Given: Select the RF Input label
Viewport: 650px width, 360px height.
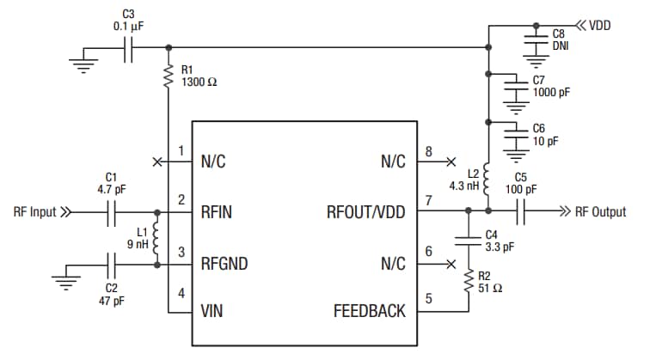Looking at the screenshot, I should [35, 211].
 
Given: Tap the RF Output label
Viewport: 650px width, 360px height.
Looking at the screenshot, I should [601, 211].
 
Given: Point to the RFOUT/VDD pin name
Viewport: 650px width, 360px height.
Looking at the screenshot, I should [365, 211].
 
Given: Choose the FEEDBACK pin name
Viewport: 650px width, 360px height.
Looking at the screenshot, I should [369, 311].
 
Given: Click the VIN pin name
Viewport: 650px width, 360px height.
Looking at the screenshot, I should [212, 311].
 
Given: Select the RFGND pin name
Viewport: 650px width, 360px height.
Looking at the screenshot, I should [224, 264].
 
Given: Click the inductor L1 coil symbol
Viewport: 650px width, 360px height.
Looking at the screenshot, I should [156, 238].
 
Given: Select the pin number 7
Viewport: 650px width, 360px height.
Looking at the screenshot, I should [427, 201].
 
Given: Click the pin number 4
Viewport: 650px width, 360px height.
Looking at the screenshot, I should [181, 294].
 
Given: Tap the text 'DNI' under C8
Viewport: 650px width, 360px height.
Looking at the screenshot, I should [560, 45].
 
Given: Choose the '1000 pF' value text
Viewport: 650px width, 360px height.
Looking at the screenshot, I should [552, 90].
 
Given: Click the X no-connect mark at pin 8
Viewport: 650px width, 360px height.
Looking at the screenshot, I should [450, 161].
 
